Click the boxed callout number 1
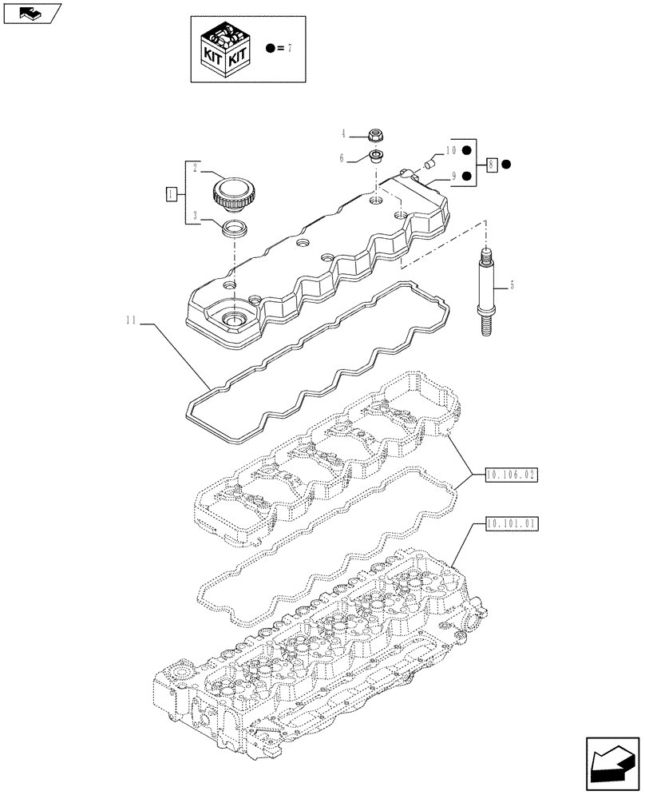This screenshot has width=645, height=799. (x=171, y=194)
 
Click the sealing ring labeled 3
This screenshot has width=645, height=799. (x=234, y=230)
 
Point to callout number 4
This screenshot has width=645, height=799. (x=344, y=134)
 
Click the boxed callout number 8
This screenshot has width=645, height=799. (x=493, y=165)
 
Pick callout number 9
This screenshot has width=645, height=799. (x=453, y=176)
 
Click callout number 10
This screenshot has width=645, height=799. (x=451, y=150)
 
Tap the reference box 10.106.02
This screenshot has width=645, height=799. (x=512, y=475)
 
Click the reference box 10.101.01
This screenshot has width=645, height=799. (x=512, y=525)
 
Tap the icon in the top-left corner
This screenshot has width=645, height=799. (x=31, y=12)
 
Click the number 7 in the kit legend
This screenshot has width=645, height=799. (x=290, y=49)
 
